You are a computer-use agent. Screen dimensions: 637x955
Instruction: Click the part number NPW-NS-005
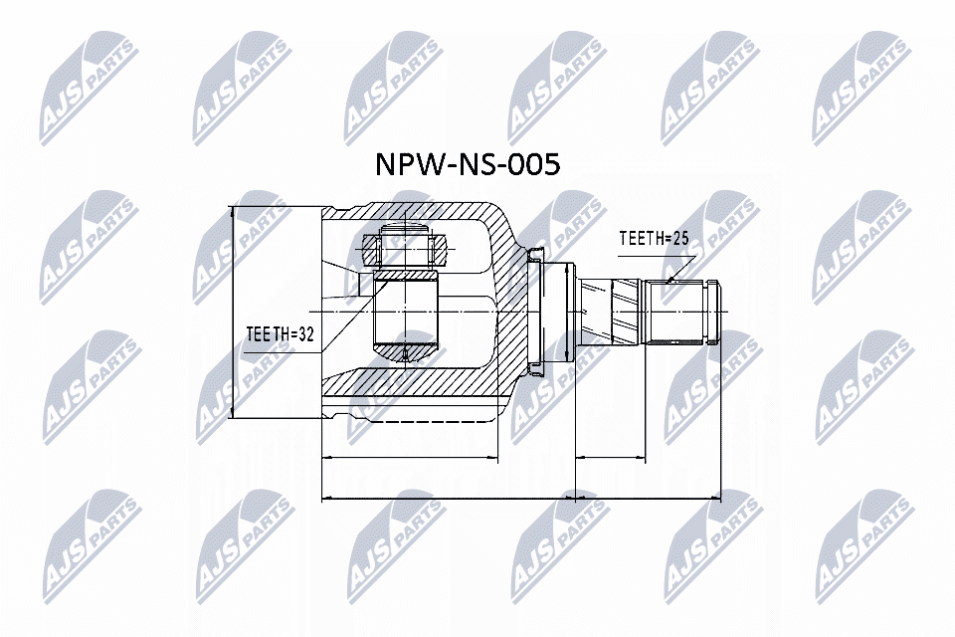[x=466, y=164]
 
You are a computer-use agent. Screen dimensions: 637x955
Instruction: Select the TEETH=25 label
[x=654, y=239]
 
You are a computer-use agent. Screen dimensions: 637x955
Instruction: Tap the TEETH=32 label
[x=280, y=335]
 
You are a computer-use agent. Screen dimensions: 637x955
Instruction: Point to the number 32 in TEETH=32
[x=304, y=335]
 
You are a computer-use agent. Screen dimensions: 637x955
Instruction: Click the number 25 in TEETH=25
[x=678, y=239]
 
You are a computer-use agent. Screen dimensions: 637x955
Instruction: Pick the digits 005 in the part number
[x=532, y=164]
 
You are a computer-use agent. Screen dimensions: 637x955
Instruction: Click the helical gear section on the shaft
[x=614, y=311]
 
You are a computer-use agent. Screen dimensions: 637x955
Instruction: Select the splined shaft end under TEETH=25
[x=680, y=311]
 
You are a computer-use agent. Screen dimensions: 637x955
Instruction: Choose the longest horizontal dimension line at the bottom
[x=521, y=497]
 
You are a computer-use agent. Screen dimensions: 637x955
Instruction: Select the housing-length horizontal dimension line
[x=410, y=459]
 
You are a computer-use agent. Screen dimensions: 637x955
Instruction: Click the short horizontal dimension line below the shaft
[x=611, y=459]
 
